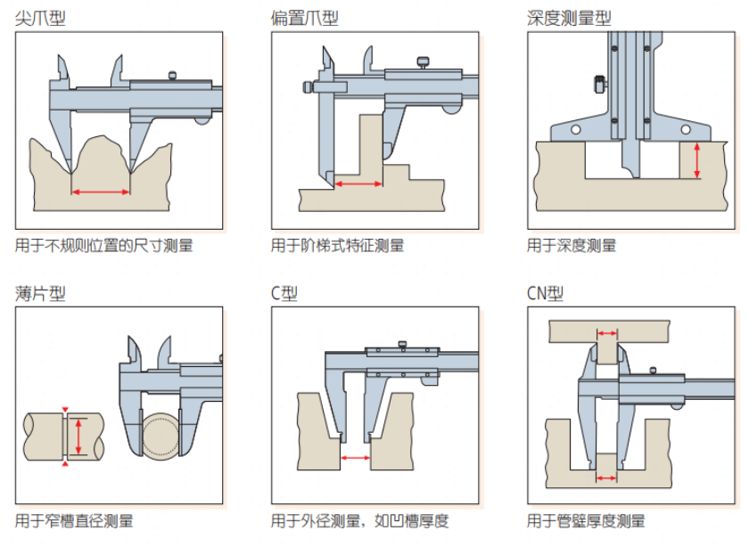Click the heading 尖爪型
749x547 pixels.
(40, 17)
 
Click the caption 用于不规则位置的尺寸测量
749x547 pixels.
(103, 245)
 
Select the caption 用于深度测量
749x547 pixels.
(572, 245)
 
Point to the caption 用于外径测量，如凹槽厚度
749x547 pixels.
(359, 521)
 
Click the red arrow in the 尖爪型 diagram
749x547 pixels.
(101, 191)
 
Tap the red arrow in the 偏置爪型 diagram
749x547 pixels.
(358, 184)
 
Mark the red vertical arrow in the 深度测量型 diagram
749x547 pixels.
(697, 160)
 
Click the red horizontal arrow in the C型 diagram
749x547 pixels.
(356, 458)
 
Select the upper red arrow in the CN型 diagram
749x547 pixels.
(606, 334)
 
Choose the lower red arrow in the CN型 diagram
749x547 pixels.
(606, 478)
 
